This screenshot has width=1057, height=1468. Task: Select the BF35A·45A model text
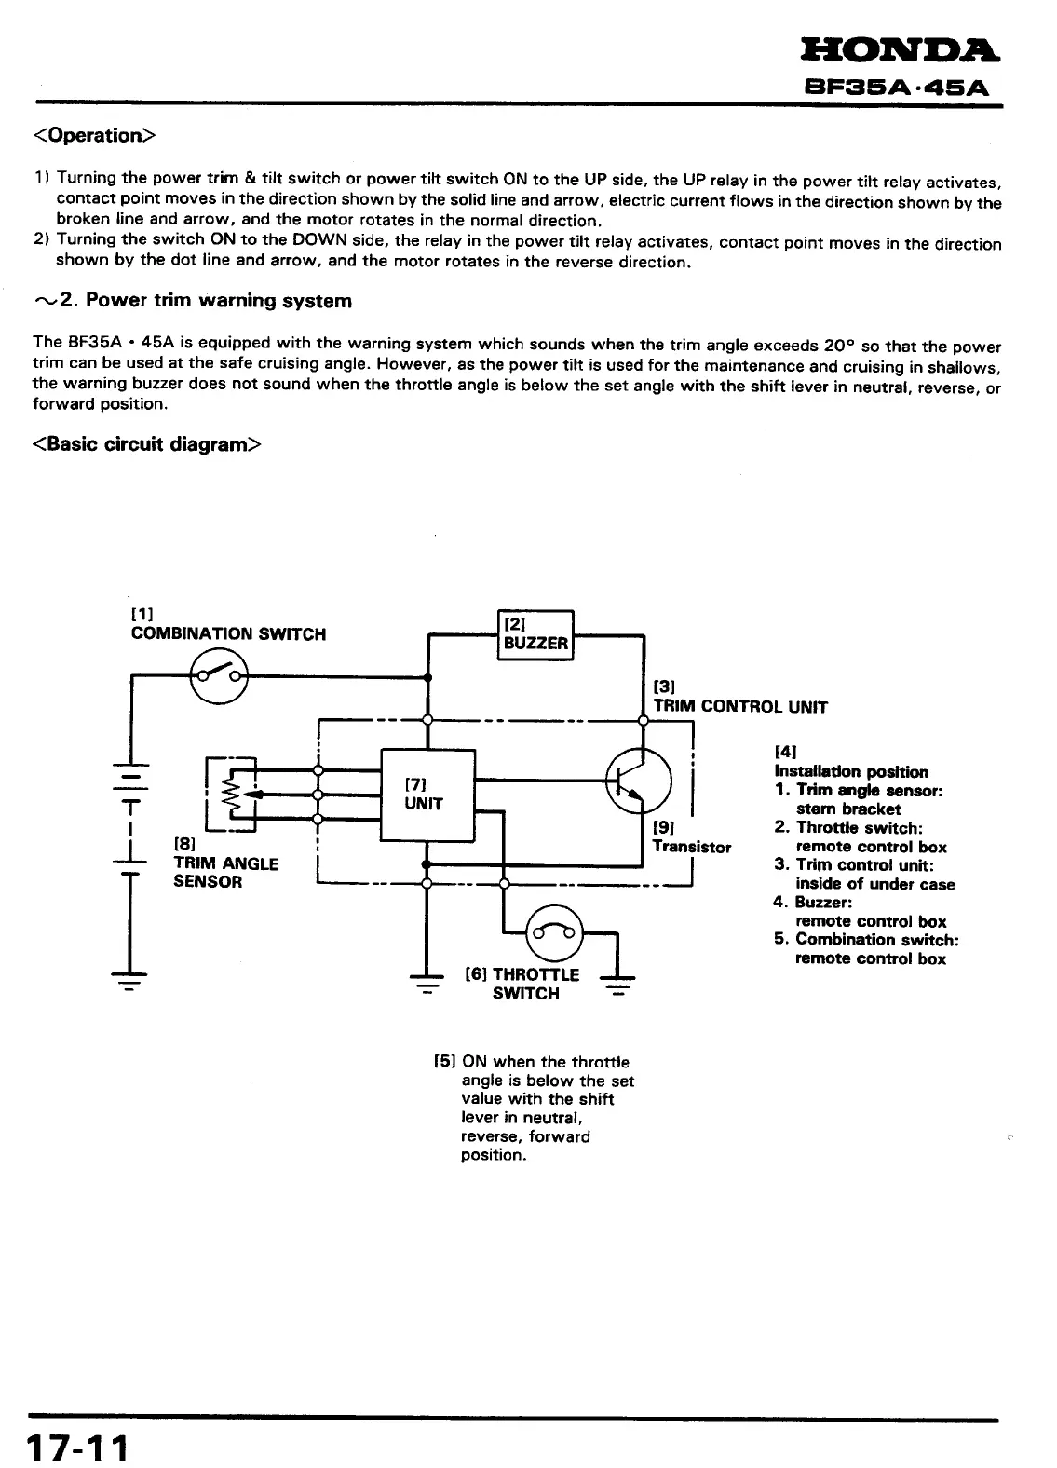[898, 88]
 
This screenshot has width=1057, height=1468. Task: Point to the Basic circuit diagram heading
[147, 444]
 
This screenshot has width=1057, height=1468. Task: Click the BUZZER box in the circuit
[535, 634]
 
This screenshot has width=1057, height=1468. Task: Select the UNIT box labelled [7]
[427, 795]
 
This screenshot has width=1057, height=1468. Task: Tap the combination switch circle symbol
[219, 675]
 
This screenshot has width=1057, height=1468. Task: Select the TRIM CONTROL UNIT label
[739, 706]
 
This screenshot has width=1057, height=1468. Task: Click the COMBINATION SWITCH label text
[228, 634]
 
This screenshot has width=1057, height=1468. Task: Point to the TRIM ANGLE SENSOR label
[225, 872]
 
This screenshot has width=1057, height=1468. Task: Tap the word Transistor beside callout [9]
[691, 847]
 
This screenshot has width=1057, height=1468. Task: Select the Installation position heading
[851, 771]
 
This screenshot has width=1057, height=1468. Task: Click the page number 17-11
[78, 1448]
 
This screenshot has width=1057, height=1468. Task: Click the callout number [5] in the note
[444, 1062]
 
